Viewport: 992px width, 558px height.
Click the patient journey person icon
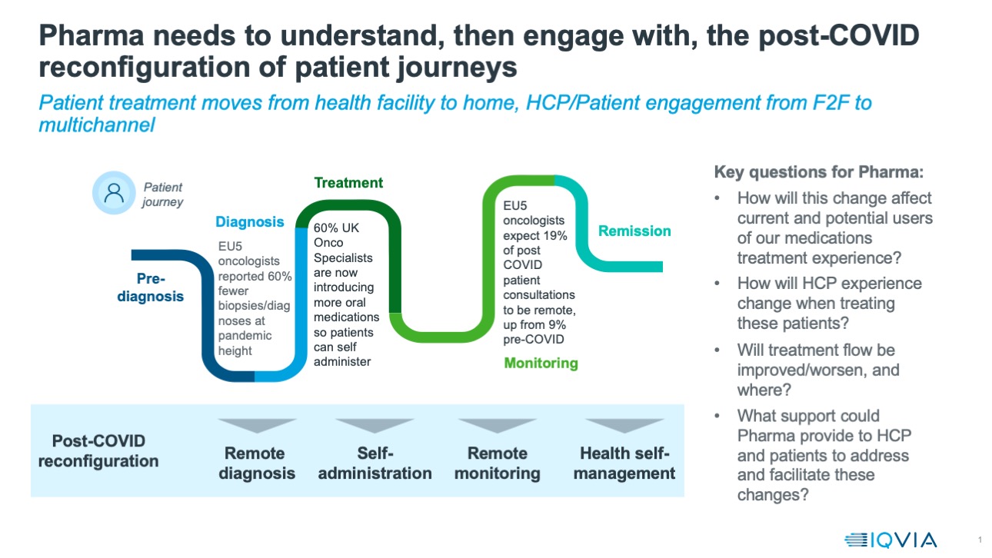pos(114,192)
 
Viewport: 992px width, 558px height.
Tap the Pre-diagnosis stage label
pos(151,287)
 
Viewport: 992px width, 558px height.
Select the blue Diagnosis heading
pos(249,222)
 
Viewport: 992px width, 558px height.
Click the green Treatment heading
pos(348,183)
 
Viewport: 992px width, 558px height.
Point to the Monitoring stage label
pos(541,363)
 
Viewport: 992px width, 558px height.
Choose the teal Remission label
pos(634,231)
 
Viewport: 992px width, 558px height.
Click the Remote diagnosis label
pos(257,463)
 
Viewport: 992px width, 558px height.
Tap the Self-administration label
pos(374,463)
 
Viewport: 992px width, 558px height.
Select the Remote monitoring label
pos(497,463)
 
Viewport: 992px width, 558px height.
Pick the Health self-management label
pos(624,463)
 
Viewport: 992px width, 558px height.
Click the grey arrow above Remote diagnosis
pos(257,425)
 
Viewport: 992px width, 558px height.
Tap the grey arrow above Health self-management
pos(624,425)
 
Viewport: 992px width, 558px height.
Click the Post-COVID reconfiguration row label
pos(98,451)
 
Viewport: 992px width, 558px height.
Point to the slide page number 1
pos(980,538)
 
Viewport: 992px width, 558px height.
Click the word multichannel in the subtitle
pos(96,125)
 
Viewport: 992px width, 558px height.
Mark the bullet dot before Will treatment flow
pos(717,350)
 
